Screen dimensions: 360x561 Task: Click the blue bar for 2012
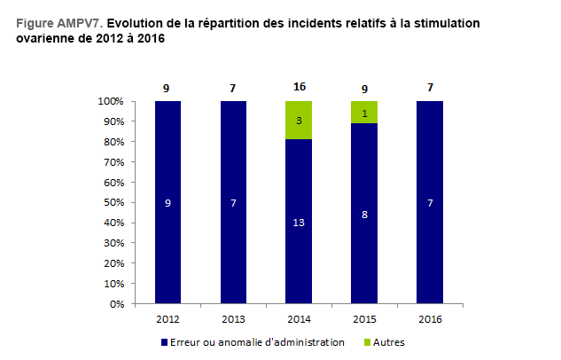168,231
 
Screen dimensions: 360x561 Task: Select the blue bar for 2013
233,231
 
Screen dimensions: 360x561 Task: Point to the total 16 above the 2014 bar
299,88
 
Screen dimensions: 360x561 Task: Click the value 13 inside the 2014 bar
299,222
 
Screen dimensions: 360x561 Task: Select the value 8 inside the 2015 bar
363,214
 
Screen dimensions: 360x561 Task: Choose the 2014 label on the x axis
299,318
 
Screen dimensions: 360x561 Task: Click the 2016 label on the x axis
429,318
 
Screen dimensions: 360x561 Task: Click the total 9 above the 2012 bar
168,88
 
